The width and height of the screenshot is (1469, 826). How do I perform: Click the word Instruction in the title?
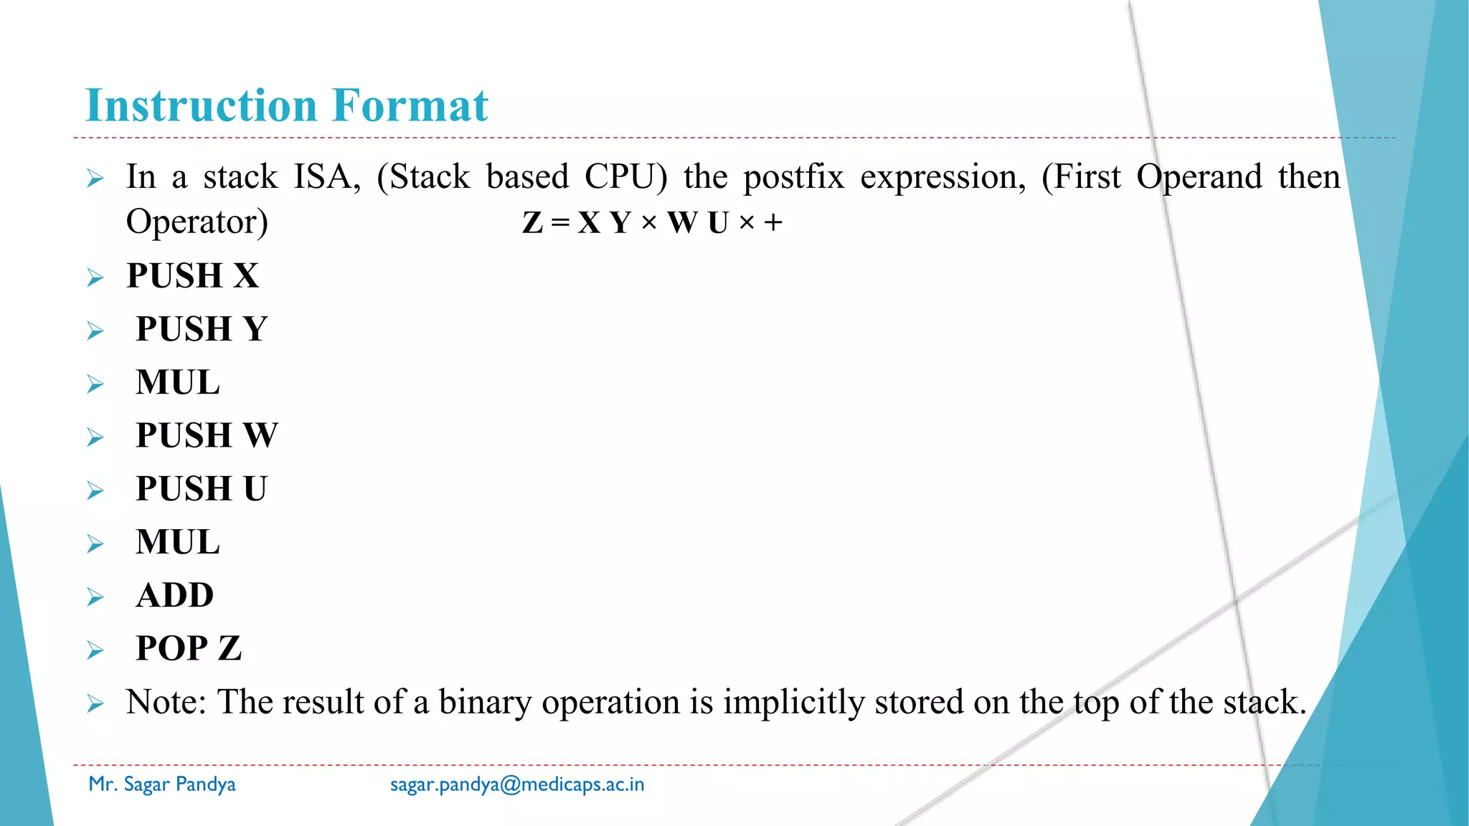(201, 105)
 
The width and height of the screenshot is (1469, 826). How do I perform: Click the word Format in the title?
(410, 105)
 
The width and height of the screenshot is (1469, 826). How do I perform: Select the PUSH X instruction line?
(192, 276)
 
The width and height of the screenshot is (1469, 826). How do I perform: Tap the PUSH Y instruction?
(202, 329)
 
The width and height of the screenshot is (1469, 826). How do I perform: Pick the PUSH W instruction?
(207, 435)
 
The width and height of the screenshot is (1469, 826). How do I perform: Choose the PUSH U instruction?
(202, 489)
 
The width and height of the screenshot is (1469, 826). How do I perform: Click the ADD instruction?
(175, 595)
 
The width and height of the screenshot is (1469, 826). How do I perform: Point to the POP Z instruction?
(189, 648)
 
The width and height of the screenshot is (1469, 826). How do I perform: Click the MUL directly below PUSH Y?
(178, 382)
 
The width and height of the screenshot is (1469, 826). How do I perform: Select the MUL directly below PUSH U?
(178, 542)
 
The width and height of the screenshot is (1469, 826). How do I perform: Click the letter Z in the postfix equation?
(533, 223)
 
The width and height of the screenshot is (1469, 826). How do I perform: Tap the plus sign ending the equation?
(773, 223)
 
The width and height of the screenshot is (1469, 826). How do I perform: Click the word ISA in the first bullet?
(326, 177)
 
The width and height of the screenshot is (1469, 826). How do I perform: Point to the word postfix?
(793, 177)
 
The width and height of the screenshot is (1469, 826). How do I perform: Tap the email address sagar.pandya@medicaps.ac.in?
(517, 784)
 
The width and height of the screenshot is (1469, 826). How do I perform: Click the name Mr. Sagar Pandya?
(162, 784)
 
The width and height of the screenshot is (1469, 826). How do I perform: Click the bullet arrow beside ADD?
(95, 597)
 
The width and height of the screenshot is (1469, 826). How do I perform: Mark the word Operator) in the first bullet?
(197, 222)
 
